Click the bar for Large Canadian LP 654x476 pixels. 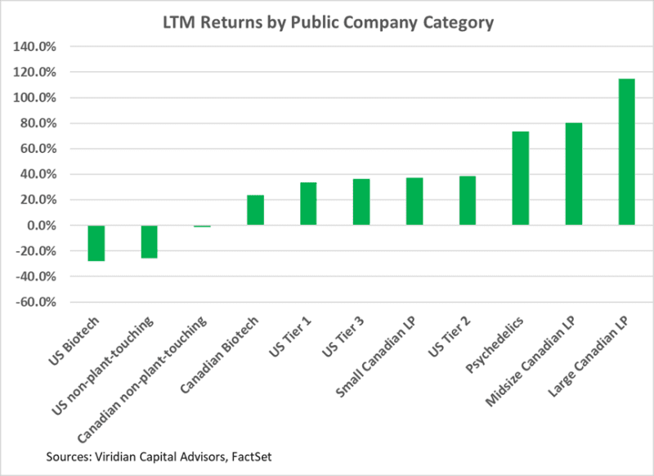[x=626, y=151]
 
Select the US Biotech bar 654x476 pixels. [x=96, y=243]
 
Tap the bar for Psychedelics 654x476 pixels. [x=521, y=178]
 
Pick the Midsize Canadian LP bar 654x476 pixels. [x=574, y=173]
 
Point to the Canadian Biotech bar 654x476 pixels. [x=255, y=209]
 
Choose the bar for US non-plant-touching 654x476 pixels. [x=150, y=241]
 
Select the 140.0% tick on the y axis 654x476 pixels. [x=34, y=47]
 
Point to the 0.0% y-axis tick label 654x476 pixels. [x=38, y=226]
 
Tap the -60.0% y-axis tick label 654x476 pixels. [x=34, y=303]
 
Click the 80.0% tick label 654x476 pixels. [x=37, y=123]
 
